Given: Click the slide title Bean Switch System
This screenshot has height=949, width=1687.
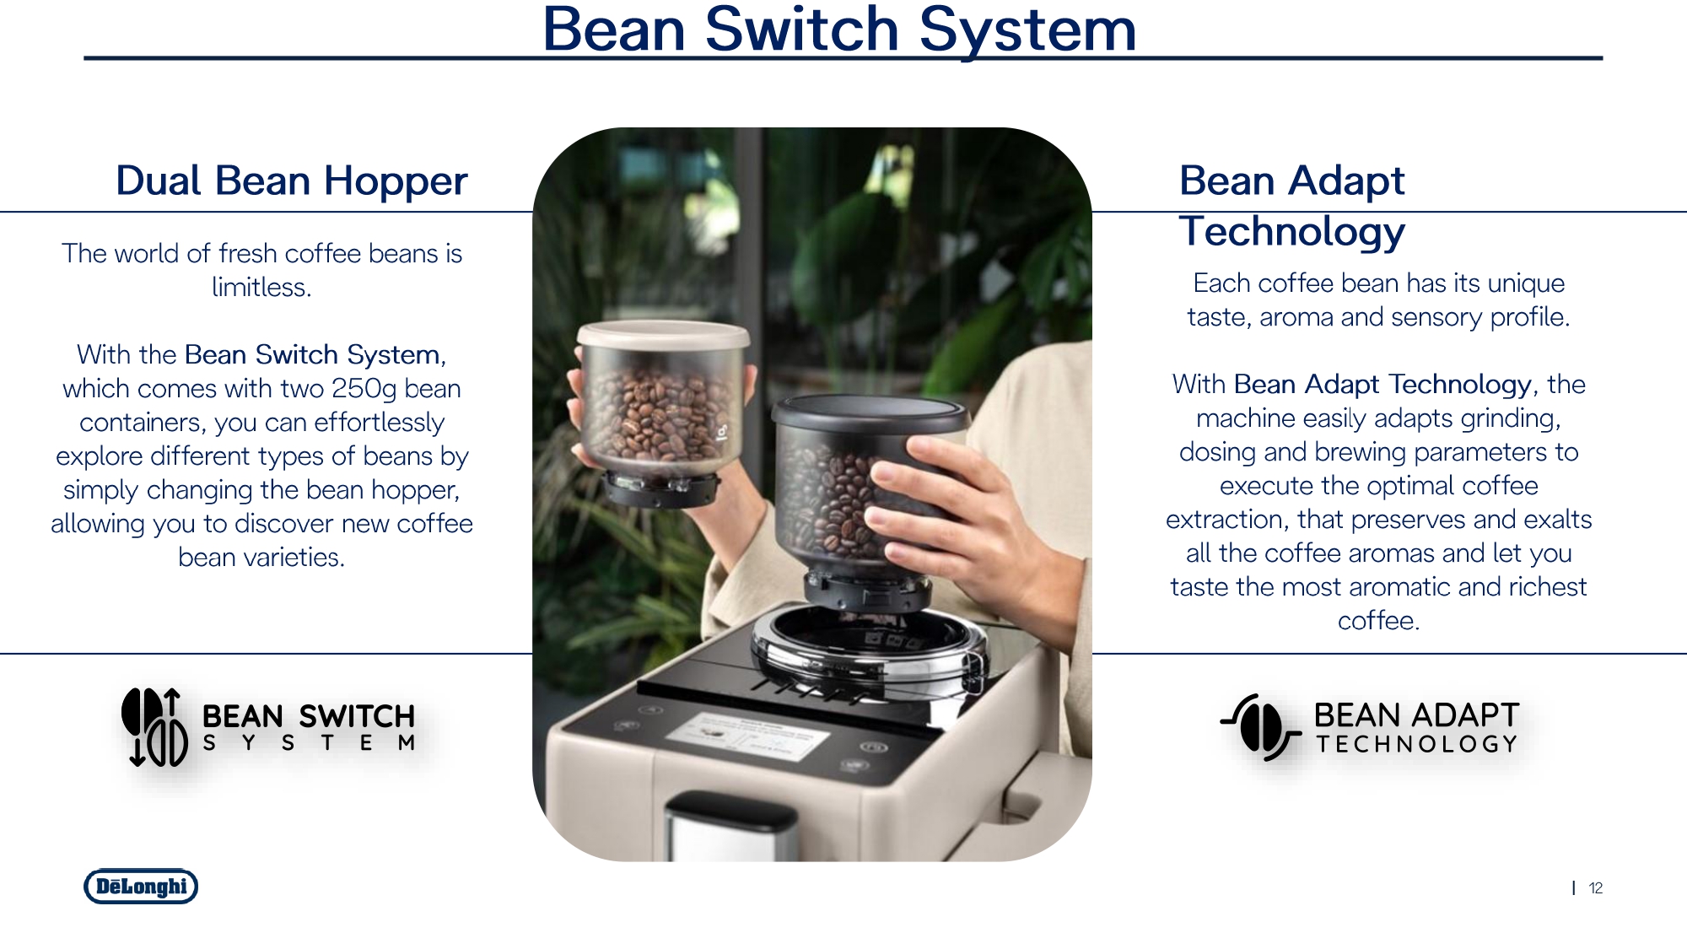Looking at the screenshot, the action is coord(839,30).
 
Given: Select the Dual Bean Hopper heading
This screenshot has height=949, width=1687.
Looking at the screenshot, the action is coord(292,181).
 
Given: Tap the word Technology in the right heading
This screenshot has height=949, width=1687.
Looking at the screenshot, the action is coord(1292,232).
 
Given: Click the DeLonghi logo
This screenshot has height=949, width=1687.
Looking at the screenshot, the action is coord(141,887).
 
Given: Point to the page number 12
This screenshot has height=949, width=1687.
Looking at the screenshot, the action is coord(1596,888).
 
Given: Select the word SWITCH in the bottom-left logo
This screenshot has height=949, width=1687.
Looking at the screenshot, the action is coord(357,717).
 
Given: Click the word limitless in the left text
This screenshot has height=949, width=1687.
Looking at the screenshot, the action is coord(261,288).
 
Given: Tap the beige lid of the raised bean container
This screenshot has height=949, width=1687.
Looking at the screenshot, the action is coord(663,333).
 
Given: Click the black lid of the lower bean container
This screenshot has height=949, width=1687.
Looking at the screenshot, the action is coord(869,412).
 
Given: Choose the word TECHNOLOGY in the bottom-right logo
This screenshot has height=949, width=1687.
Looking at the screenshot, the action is coord(1417,744).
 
